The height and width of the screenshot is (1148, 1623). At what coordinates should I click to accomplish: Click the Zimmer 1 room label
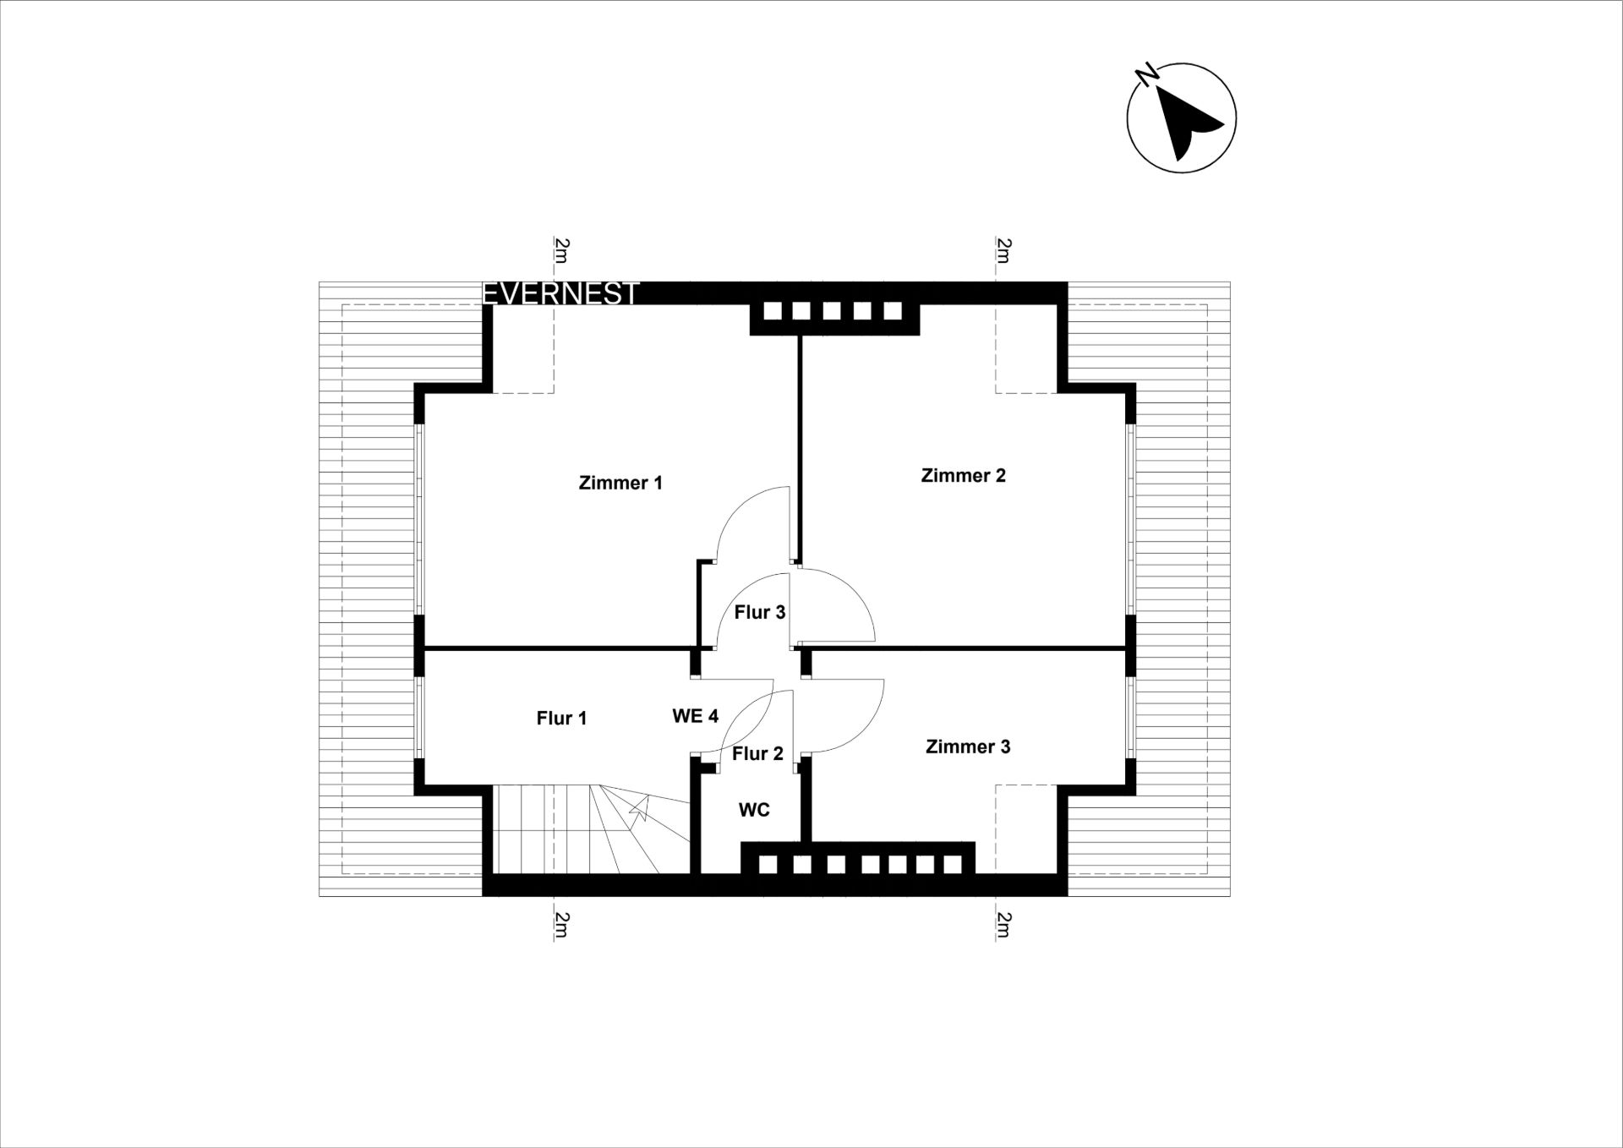620,483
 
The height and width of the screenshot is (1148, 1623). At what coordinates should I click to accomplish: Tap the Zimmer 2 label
964,475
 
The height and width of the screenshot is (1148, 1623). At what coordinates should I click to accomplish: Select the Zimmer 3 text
968,746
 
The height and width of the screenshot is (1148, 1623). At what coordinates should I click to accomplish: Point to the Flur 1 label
561,718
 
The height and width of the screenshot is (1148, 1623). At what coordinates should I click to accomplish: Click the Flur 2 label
757,753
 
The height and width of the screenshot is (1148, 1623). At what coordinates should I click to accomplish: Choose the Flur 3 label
760,612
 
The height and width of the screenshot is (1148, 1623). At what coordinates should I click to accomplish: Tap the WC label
754,810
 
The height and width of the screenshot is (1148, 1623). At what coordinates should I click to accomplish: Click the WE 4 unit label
695,716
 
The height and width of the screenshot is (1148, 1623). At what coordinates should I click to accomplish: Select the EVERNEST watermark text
560,293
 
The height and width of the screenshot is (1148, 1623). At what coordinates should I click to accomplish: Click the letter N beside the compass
1147,74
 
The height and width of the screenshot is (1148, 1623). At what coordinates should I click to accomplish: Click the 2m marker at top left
561,250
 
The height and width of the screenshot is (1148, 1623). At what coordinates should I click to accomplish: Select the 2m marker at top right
1003,250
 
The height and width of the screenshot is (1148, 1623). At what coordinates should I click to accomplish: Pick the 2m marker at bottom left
561,925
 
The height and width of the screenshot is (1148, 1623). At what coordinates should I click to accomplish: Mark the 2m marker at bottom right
1003,925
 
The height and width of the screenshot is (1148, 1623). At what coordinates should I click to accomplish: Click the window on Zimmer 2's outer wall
1129,518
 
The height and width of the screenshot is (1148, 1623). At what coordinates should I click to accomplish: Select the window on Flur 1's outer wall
419,718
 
